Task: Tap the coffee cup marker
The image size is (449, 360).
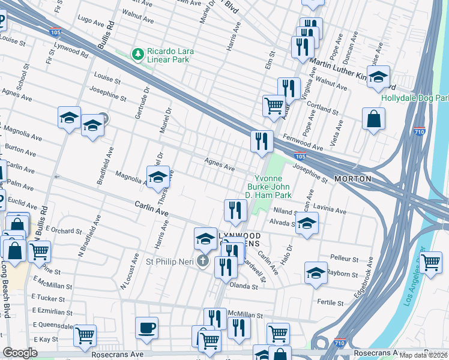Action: coord(146,328)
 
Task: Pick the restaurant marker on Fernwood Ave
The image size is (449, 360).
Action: coord(262,142)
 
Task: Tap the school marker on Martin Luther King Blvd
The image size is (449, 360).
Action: coord(378,77)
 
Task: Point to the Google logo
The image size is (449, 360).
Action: coord(20,353)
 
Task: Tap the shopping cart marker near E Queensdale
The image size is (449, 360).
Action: coord(85,335)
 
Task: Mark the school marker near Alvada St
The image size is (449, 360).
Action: coord(307,223)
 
